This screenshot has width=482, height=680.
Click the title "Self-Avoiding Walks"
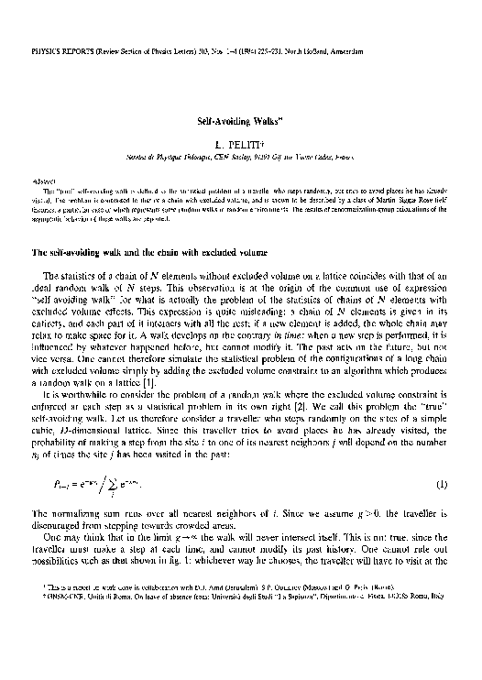point(241,120)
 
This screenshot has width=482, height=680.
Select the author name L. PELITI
point(241,146)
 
